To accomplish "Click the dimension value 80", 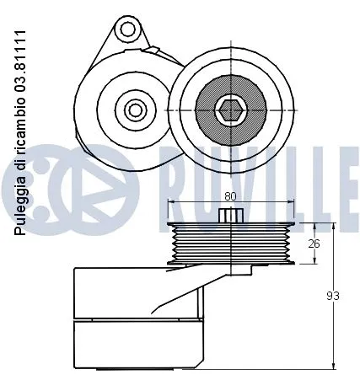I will tap(231, 196).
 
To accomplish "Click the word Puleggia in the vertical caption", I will tap(19, 209).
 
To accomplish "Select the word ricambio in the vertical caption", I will tap(19, 118).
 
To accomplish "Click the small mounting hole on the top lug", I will tap(128, 30).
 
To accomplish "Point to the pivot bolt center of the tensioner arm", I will tap(133, 110).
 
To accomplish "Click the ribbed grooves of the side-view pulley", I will tap(230, 244).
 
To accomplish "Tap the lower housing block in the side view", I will tap(139, 345).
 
